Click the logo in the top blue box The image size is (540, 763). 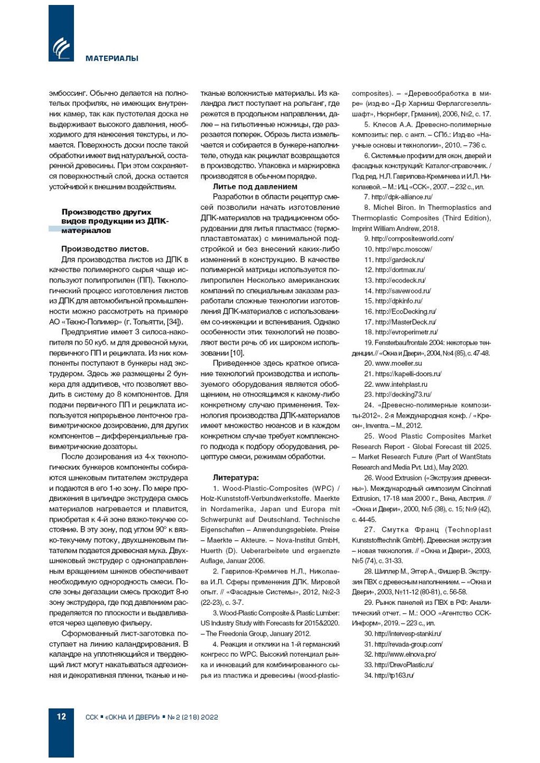[61, 48]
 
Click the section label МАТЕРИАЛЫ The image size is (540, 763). [112, 58]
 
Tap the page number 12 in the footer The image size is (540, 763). [61, 717]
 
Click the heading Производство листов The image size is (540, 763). [105, 249]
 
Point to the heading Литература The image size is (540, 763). [235, 478]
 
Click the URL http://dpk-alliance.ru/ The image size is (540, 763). [402, 197]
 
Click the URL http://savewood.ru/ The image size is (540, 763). [403, 291]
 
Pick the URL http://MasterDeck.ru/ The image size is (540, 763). [406, 322]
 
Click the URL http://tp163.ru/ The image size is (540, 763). [394, 675]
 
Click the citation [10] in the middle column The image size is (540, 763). [236, 353]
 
